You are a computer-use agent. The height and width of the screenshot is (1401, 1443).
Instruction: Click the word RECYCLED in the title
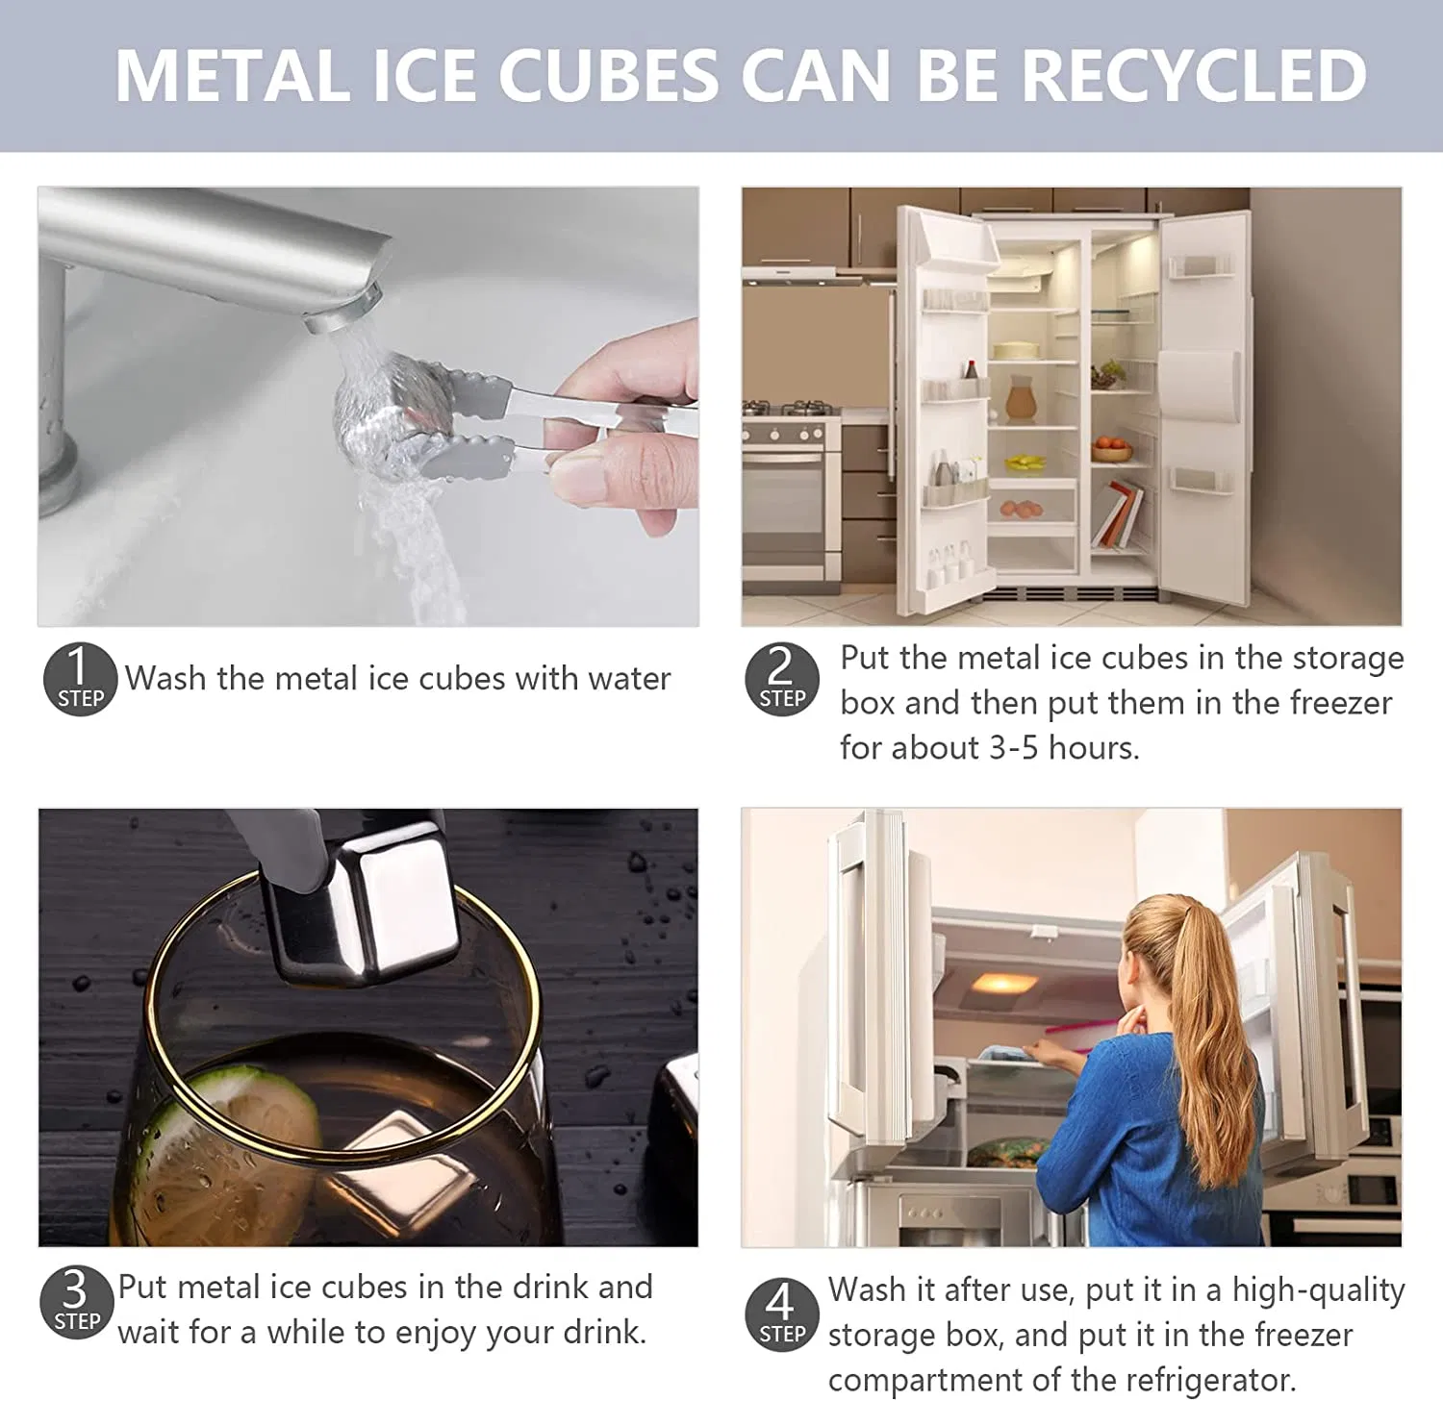click(1193, 75)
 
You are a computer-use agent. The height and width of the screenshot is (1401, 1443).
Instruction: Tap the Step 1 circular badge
click(80, 679)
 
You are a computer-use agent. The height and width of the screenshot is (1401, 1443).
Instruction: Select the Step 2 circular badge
click(782, 679)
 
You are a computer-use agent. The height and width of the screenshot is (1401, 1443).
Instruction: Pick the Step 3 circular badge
click(76, 1303)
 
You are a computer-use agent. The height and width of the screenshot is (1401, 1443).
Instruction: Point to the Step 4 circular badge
click(781, 1314)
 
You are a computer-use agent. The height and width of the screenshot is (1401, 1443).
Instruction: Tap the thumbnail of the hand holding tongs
click(625, 423)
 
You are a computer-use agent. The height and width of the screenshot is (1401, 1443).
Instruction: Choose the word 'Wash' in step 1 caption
click(165, 679)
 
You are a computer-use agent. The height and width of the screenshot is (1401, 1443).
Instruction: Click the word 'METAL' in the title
click(233, 75)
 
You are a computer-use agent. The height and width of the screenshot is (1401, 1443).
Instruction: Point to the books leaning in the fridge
click(1119, 517)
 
